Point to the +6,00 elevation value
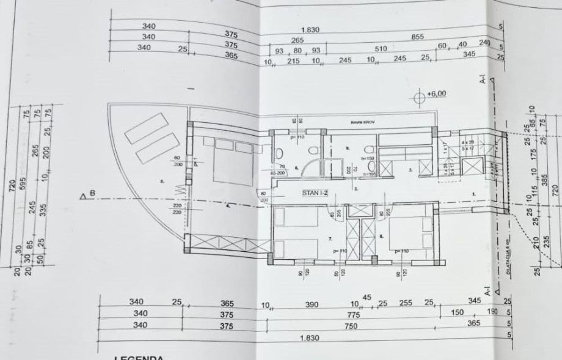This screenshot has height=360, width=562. tap(437, 94)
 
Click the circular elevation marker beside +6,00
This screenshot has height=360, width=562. tap(419, 97)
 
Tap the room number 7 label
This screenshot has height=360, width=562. tap(329, 237)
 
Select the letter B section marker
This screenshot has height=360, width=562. tap(93, 195)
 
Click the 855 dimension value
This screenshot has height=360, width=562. tap(417, 37)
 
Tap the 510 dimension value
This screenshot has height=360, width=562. tap(381, 50)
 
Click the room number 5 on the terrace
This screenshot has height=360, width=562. tap(162, 182)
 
